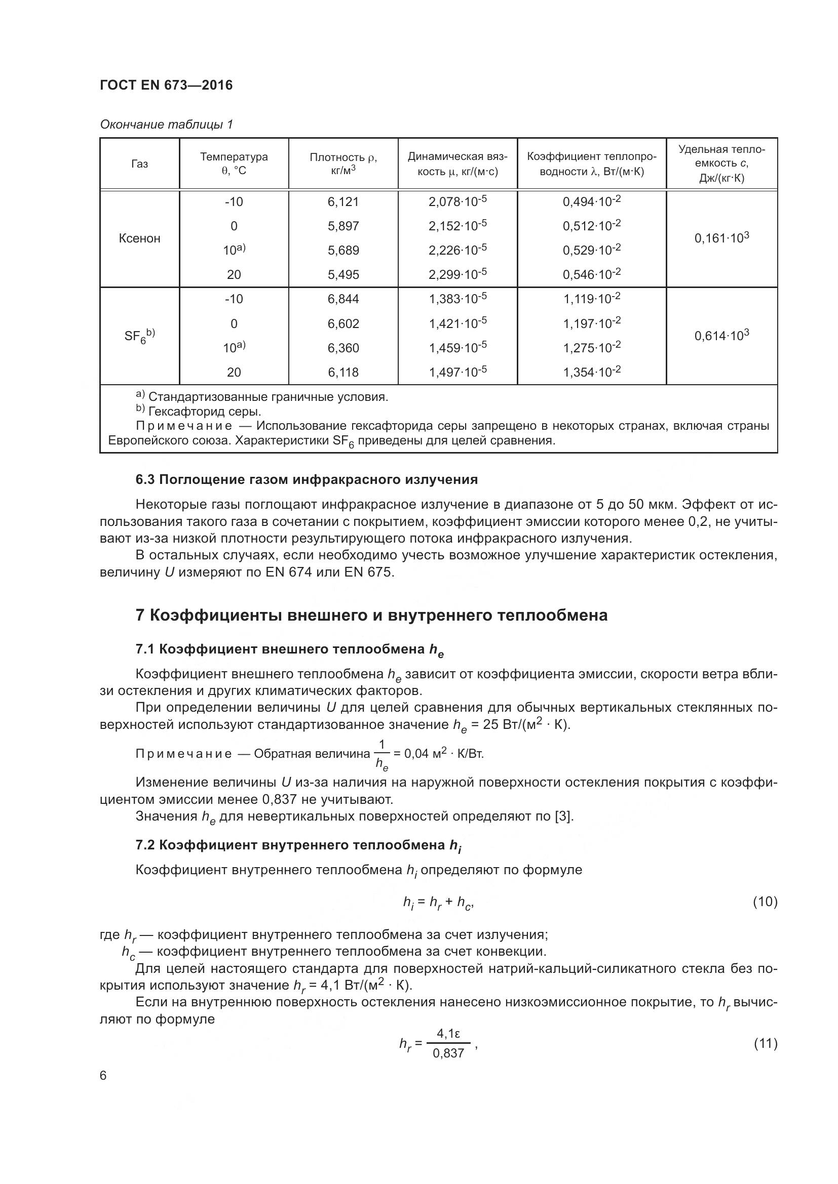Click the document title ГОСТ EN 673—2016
(166, 85)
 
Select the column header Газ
(139, 164)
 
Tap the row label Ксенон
(139, 238)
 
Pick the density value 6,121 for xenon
(343, 201)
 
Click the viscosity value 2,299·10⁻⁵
(457, 274)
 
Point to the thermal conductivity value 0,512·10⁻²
(591, 226)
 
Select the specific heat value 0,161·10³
(721, 238)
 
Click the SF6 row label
(139, 336)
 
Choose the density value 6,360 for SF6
(343, 348)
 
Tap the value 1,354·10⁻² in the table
(591, 373)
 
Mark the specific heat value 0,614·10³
(721, 336)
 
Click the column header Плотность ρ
(343, 164)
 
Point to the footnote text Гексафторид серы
(204, 412)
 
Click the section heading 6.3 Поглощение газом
(307, 479)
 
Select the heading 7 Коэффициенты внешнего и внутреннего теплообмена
(371, 615)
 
